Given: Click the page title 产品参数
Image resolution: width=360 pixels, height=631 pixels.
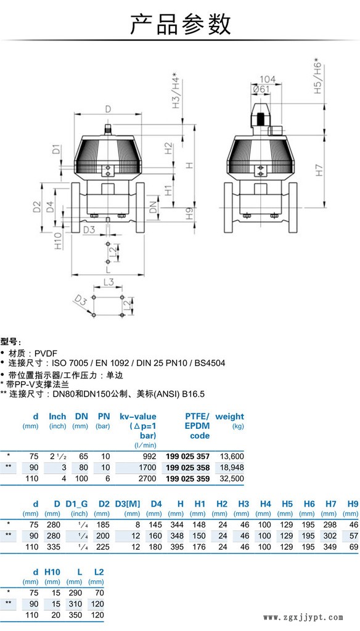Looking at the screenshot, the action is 180,23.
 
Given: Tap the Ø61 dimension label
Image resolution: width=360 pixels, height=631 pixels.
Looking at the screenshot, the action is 261,89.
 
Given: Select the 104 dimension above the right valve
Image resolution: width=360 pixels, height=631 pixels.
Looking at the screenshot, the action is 268,79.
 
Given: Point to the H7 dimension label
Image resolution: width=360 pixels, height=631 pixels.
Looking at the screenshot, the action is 319,170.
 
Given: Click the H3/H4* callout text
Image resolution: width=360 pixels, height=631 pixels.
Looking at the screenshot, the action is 176,90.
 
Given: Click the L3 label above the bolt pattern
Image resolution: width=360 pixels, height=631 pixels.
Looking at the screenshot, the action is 108,282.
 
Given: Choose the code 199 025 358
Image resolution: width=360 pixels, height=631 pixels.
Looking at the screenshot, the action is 187,468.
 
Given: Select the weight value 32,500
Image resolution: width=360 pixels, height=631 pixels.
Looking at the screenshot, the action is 232,479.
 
